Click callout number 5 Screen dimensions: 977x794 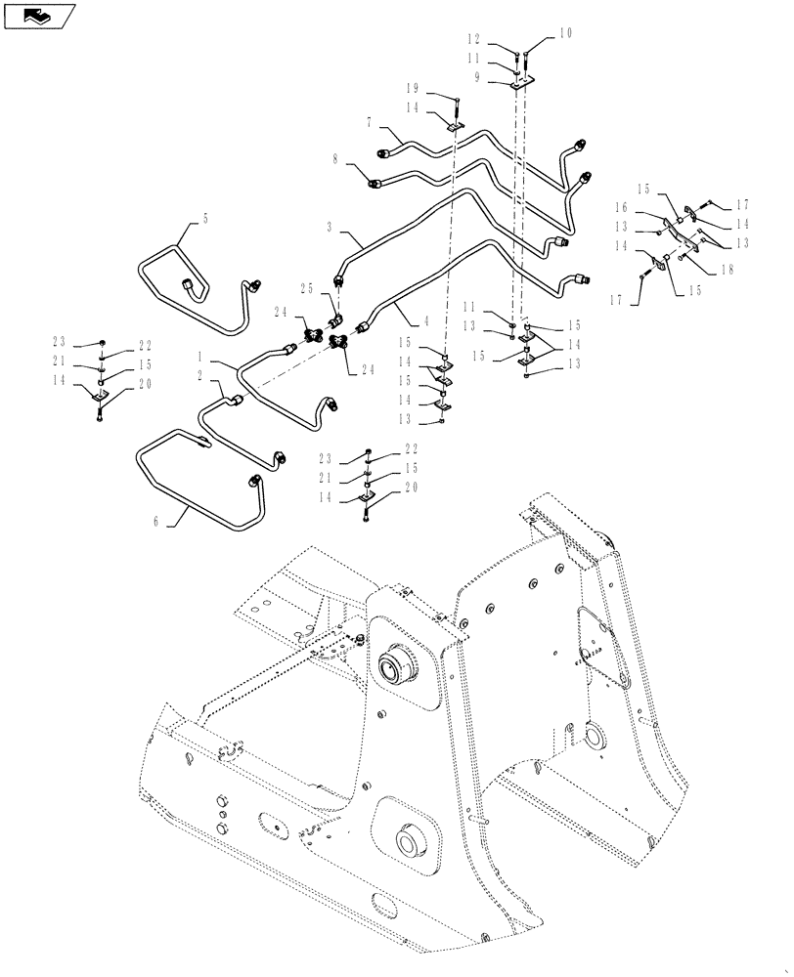[x=206, y=221]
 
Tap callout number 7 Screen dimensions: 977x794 [x=369, y=123]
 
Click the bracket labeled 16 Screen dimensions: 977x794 [x=676, y=226]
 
